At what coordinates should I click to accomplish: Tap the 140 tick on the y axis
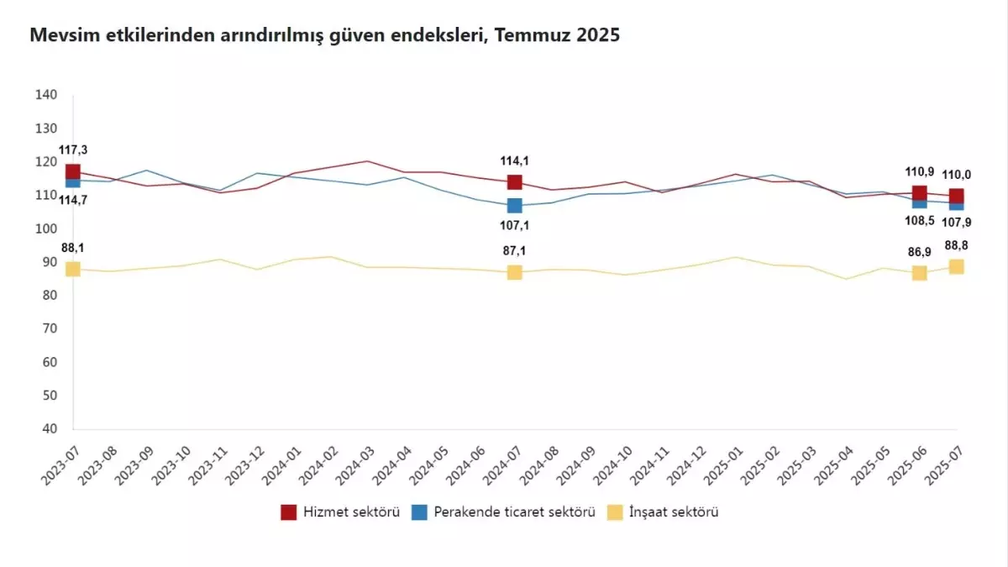(46, 95)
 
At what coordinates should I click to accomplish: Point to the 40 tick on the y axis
(50, 428)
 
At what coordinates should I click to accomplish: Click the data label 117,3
(73, 150)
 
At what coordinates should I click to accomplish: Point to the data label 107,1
(515, 225)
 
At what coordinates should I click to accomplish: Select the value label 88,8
(956, 245)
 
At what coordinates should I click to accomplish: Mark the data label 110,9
(919, 171)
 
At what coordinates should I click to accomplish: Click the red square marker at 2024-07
(515, 182)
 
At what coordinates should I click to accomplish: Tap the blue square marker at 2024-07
(515, 206)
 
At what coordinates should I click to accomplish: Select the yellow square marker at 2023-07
(73, 269)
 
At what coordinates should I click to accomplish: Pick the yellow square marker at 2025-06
(919, 273)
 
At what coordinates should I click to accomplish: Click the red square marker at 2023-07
(73, 172)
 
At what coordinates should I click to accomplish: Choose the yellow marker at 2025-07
(956, 266)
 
